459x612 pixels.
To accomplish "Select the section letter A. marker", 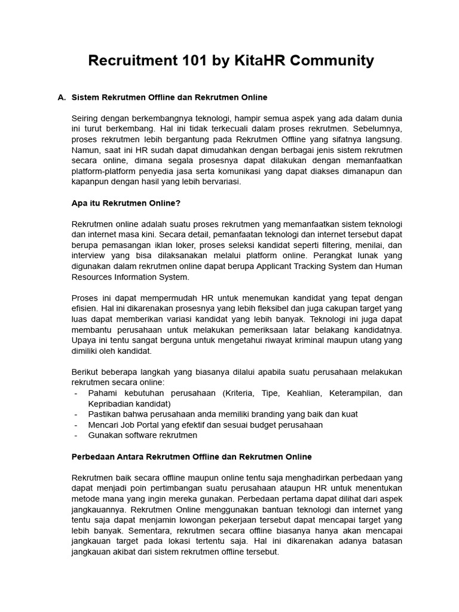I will (61, 97).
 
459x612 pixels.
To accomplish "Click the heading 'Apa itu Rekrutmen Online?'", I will (126, 203).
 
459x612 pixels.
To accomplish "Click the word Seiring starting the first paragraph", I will (86, 118).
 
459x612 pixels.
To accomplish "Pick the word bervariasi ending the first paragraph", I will (220, 182).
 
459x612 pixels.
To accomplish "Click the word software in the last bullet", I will (140, 436).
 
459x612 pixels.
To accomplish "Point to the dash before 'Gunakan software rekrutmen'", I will (76, 436).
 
